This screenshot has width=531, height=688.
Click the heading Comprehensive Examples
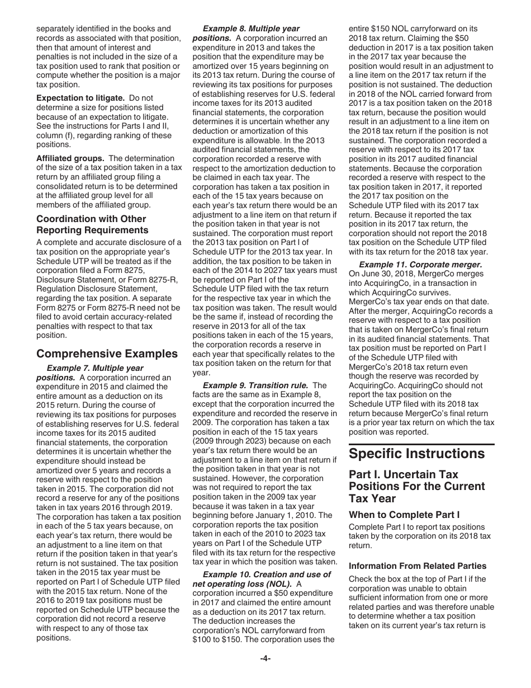[x=107, y=354]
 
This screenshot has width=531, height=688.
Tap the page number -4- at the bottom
[x=265, y=658]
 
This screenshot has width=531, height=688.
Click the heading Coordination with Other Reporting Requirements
[x=91, y=224]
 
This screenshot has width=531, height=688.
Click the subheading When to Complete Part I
[x=399, y=514]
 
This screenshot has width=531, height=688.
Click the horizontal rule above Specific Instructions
[x=421, y=444]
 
